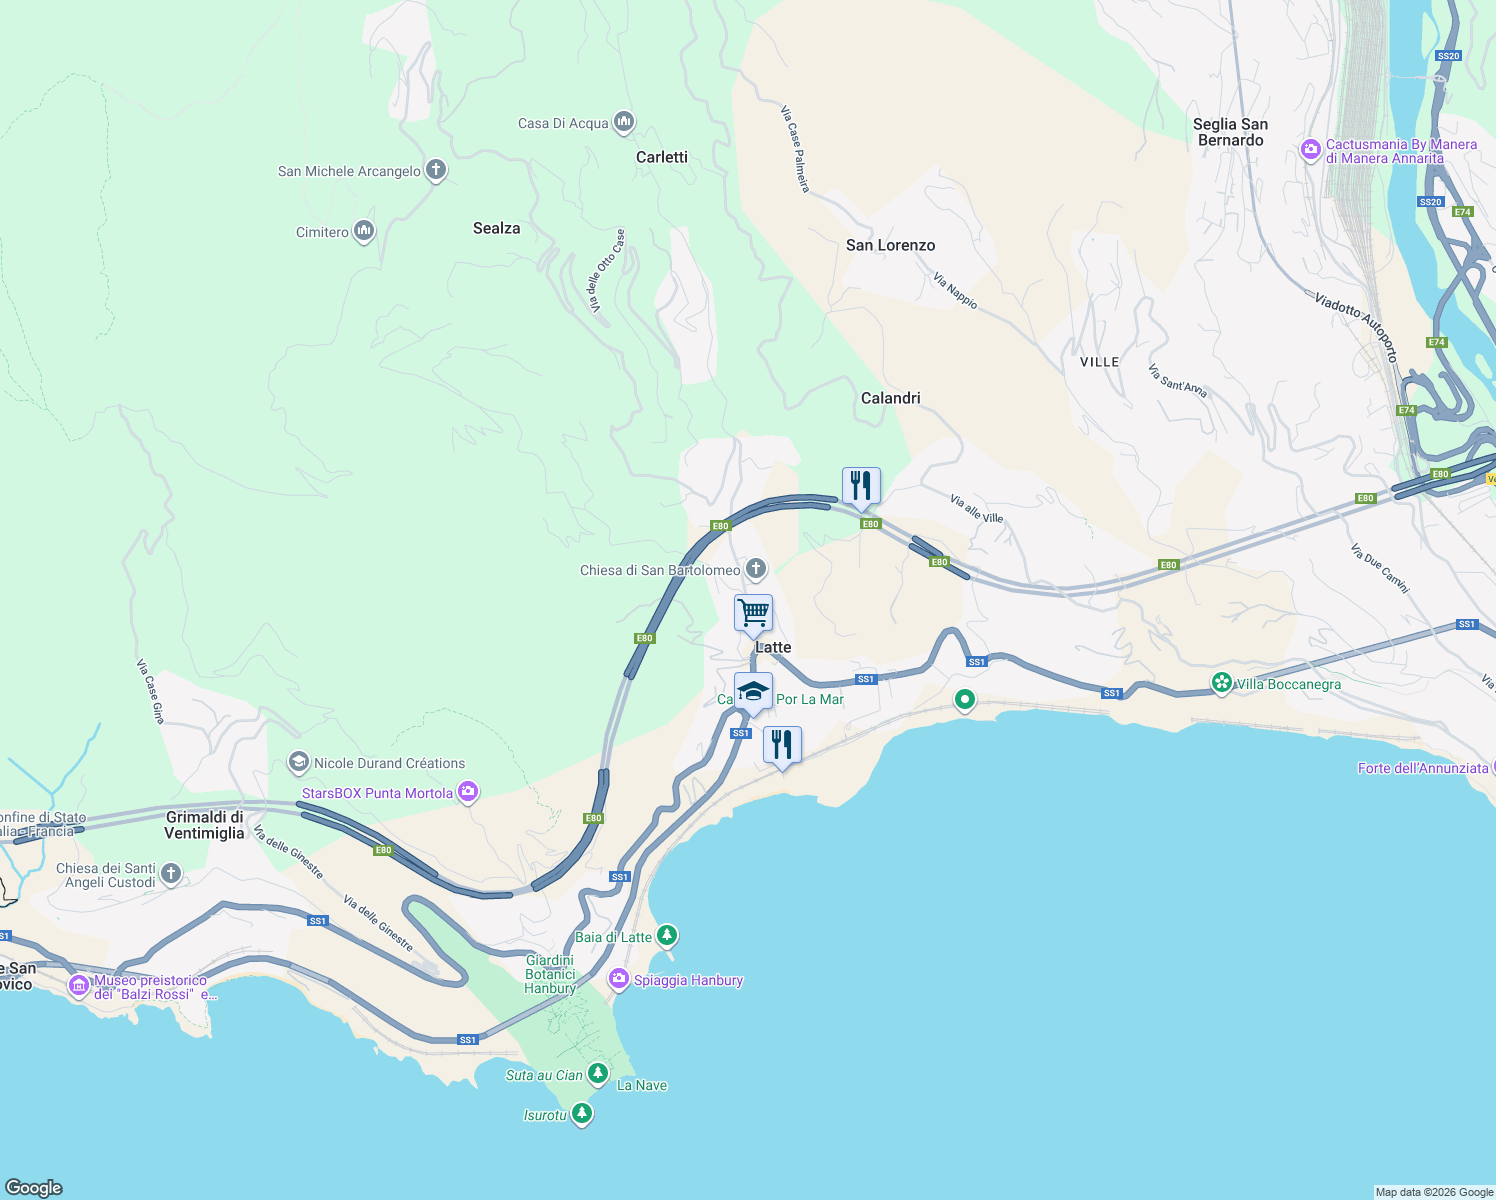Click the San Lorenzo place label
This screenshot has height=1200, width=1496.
click(890, 245)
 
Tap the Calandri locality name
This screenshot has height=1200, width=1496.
click(890, 398)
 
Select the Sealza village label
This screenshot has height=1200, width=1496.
click(496, 228)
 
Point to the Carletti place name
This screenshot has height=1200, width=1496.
click(661, 157)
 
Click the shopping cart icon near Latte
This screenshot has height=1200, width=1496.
click(753, 612)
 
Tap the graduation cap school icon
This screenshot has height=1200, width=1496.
click(753, 691)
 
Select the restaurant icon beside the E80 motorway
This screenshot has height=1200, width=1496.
click(861, 486)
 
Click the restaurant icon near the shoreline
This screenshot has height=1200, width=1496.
click(782, 744)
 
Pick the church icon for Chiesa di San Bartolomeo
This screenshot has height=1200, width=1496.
click(756, 570)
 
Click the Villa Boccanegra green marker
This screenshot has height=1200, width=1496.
click(1221, 684)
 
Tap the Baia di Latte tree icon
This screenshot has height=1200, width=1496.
click(667, 937)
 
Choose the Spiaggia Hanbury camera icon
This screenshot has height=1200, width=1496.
click(619, 980)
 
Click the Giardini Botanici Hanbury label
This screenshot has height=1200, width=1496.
click(550, 974)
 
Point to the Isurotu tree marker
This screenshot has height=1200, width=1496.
click(582, 1114)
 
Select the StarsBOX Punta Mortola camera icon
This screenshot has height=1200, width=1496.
click(468, 793)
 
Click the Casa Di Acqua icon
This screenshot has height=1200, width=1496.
click(624, 123)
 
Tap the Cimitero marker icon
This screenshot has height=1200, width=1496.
click(364, 232)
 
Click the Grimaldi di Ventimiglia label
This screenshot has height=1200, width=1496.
click(204, 825)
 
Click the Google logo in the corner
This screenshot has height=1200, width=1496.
click(34, 1187)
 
